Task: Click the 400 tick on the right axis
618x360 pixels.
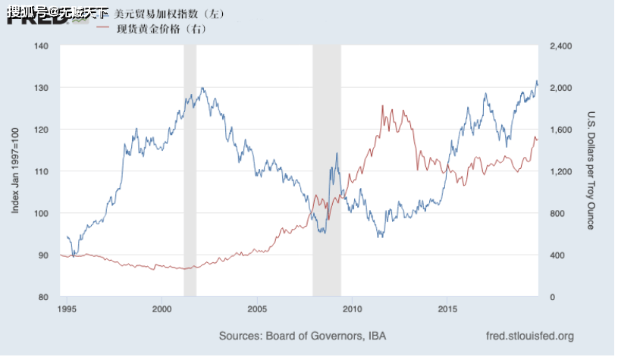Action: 552,255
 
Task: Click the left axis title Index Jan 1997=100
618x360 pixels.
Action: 15,171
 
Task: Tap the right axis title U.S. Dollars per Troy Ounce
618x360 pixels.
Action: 591,171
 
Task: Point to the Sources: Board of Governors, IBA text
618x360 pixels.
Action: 296,336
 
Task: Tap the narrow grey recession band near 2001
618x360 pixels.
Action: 190,171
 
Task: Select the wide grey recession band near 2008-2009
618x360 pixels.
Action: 326,171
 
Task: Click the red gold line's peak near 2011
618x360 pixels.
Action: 382,106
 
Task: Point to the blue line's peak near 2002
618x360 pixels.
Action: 202,88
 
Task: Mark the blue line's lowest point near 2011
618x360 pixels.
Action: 381,236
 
